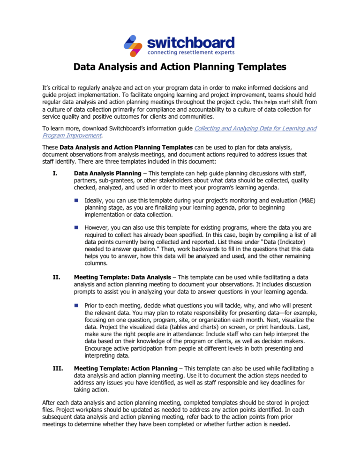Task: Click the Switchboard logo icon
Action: pos(134,45)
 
